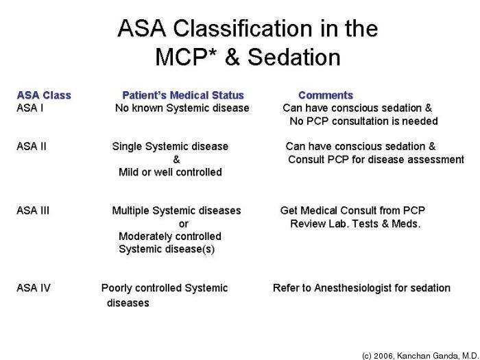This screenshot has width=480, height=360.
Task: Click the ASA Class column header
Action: pyautogui.click(x=44, y=95)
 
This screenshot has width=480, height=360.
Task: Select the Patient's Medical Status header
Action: pyautogui.click(x=183, y=95)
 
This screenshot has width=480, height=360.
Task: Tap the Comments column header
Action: pyautogui.click(x=326, y=95)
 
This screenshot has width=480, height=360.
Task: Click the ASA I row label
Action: pyautogui.click(x=30, y=108)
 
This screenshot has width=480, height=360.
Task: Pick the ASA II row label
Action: pyautogui.click(x=32, y=146)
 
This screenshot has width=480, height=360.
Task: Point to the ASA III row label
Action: pyautogui.click(x=33, y=211)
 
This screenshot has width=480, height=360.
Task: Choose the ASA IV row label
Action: pyautogui.click(x=34, y=288)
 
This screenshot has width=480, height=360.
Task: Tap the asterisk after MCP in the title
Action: pyautogui.click(x=213, y=52)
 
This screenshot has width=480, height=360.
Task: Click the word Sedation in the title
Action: pyautogui.click(x=294, y=57)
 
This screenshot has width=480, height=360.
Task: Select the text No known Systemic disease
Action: pyautogui.click(x=182, y=108)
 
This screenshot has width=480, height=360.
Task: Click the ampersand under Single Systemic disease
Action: pyautogui.click(x=177, y=160)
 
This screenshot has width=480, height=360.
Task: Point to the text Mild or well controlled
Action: pyautogui.click(x=170, y=172)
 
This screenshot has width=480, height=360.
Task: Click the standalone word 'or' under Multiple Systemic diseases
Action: pyautogui.click(x=183, y=224)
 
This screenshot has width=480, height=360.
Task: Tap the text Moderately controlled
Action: pyautogui.click(x=170, y=237)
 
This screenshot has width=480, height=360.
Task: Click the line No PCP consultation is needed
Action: pyautogui.click(x=363, y=121)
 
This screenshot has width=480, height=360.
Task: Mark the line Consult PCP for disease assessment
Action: pyautogui.click(x=376, y=160)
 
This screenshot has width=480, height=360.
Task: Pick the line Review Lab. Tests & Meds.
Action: pyautogui.click(x=355, y=224)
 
